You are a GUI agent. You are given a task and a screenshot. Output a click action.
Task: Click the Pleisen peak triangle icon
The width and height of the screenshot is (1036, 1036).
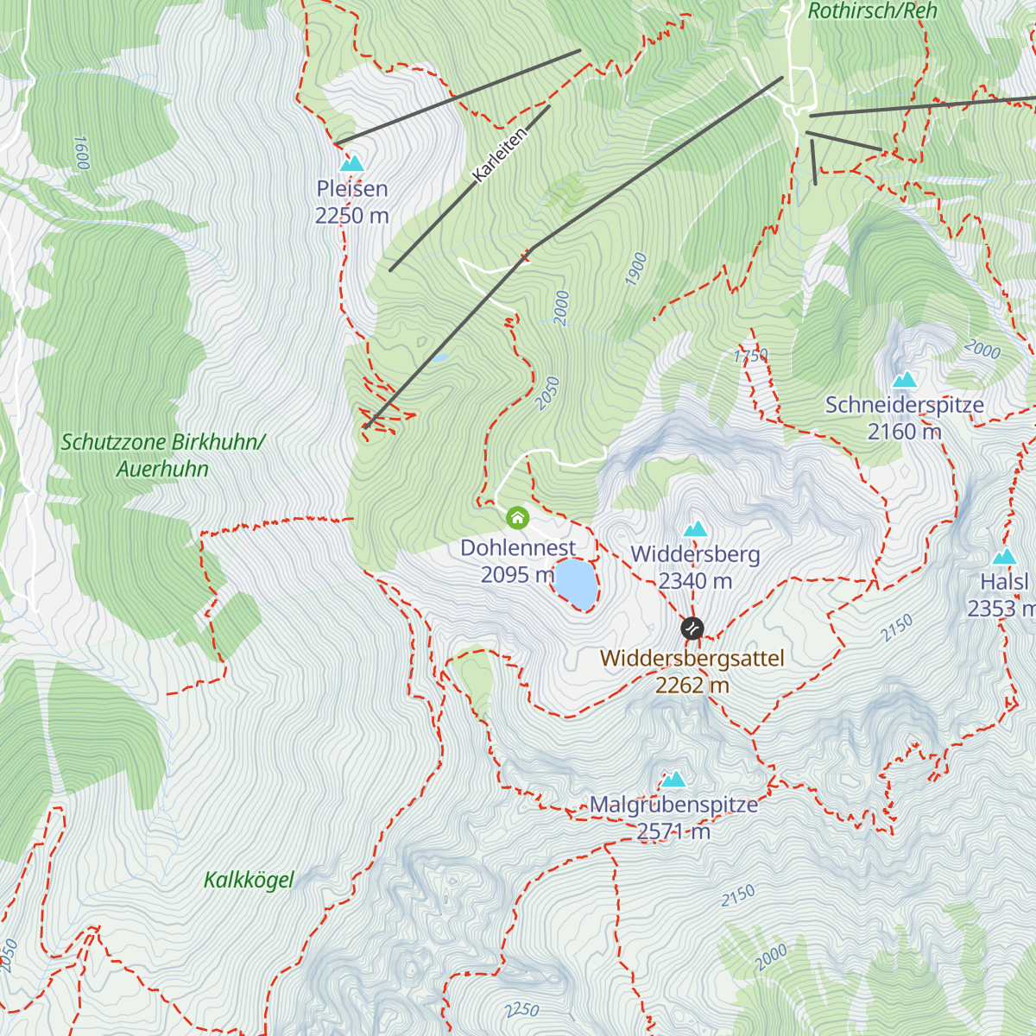coord(351,163)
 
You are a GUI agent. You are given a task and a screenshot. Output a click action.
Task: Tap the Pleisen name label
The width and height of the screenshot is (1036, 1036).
coord(351,188)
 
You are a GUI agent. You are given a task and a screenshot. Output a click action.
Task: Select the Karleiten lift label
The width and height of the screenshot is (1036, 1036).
coord(500,155)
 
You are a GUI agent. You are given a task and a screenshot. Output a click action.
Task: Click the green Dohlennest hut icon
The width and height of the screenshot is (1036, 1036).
coord(517,517)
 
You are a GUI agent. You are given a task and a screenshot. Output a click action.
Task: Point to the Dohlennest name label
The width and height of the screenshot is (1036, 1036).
coord(518,548)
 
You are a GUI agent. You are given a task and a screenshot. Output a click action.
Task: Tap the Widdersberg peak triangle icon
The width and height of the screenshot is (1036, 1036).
coord(695,529)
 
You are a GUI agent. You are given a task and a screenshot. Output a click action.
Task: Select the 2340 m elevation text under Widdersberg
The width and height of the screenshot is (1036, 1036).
coord(695,582)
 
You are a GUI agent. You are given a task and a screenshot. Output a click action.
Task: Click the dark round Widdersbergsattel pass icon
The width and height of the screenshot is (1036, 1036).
coord(692,629)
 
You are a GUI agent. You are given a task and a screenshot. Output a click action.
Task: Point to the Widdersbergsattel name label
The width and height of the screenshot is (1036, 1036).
coord(692,659)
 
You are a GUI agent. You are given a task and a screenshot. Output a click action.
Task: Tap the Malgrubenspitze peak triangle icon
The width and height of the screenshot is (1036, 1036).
coord(673,780)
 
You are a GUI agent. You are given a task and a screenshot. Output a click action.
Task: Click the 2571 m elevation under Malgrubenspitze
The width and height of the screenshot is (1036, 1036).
coord(673,831)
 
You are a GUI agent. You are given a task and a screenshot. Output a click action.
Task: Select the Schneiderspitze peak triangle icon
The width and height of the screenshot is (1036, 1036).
coord(904,380)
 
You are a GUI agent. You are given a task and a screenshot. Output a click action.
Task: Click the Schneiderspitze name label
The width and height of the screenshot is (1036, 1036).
coord(904,405)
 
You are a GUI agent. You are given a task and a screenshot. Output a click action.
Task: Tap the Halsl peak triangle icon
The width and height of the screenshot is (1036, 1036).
coord(1004,557)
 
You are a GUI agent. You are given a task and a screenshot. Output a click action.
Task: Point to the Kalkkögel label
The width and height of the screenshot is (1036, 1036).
coord(249,881)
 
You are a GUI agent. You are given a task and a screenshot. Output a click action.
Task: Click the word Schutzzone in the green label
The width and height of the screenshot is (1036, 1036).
coord(113,442)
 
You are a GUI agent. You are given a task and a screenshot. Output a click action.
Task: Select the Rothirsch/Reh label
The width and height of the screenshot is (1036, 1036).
coord(872,11)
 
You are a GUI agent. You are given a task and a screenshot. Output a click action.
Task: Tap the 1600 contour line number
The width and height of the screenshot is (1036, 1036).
coord(81,153)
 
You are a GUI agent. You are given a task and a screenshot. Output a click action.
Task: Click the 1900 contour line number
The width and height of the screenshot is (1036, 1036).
coord(637,270)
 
